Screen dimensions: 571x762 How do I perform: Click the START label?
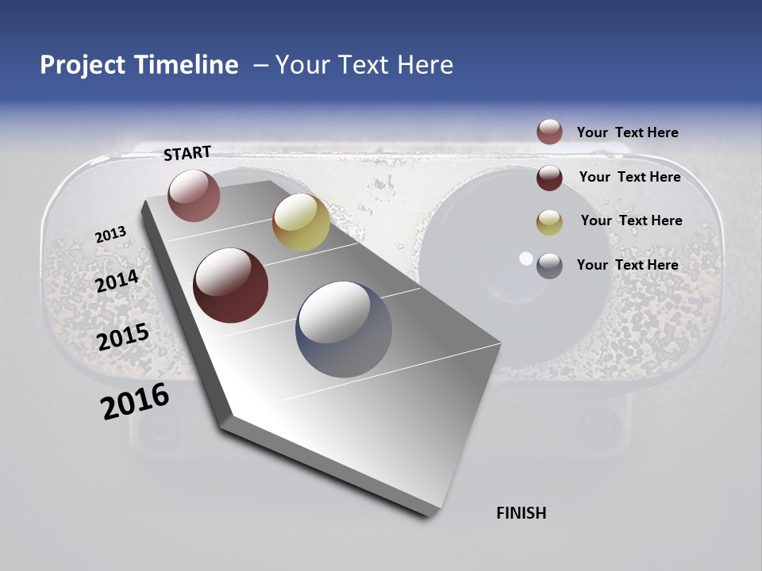click(187, 153)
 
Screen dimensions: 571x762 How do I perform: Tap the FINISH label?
click(521, 513)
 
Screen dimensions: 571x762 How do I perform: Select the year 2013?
click(110, 235)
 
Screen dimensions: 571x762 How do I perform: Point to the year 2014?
click(117, 282)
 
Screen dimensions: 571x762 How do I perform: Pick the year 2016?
click(135, 401)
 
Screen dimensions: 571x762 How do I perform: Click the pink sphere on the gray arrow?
click(194, 195)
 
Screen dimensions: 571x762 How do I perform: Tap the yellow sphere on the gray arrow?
click(301, 222)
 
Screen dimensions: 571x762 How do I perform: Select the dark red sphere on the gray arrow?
click(231, 285)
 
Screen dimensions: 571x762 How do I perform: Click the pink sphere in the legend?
click(549, 132)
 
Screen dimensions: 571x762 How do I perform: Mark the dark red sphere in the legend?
click(549, 178)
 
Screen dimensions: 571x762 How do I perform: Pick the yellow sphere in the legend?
click(549, 222)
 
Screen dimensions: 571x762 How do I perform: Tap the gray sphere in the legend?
click(549, 266)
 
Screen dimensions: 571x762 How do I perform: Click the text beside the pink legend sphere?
click(627, 133)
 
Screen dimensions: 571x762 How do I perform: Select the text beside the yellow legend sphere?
click(631, 220)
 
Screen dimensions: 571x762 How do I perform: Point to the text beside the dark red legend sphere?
click(629, 177)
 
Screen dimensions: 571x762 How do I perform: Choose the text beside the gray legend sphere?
click(627, 265)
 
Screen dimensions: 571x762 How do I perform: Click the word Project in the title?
click(83, 65)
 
